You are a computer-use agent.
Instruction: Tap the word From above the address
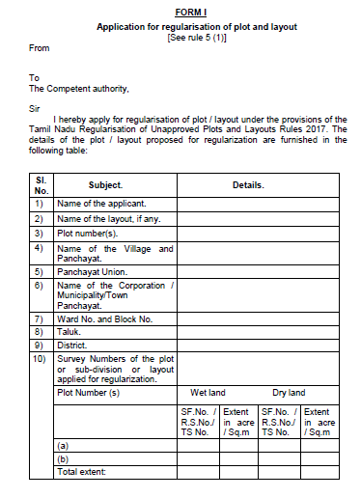(x=40, y=46)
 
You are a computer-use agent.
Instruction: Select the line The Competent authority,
(x=78, y=89)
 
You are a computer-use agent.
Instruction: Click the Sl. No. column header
(x=41, y=184)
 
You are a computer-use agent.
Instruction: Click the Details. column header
(x=248, y=184)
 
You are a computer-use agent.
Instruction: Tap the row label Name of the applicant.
(x=101, y=204)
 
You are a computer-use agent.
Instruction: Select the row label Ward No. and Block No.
(x=105, y=318)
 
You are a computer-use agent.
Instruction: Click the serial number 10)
(x=40, y=358)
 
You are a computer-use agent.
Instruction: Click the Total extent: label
(x=81, y=471)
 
